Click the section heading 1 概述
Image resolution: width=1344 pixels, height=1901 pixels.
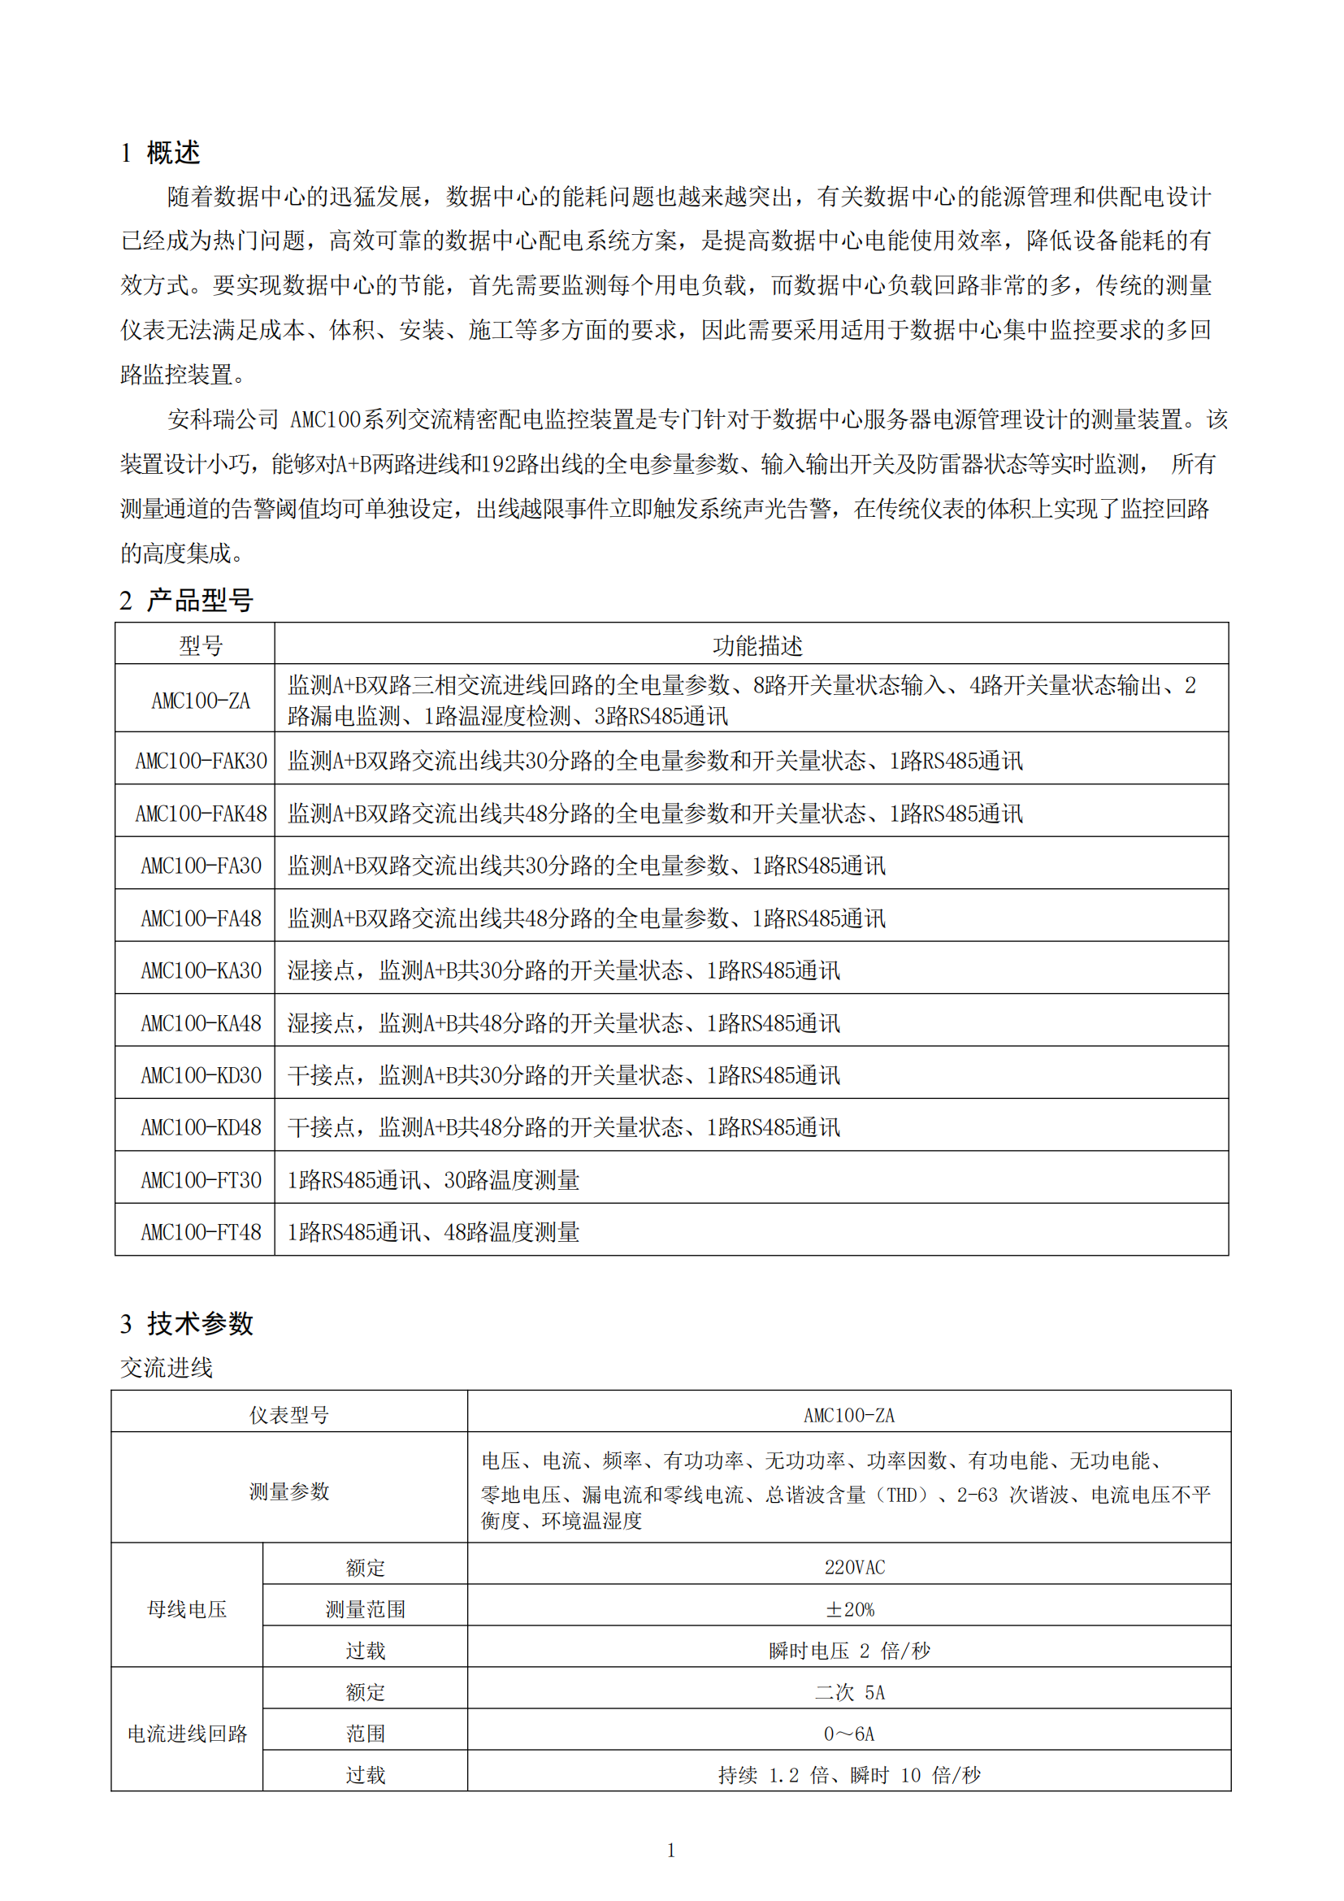pyautogui.click(x=160, y=153)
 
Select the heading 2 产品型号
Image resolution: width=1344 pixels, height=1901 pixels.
pyautogui.click(x=185, y=601)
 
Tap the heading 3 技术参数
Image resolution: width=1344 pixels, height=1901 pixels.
pyautogui.click(x=186, y=1323)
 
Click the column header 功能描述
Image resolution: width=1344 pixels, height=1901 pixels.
pyautogui.click(x=757, y=646)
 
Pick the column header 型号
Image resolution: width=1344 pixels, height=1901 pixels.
pyautogui.click(x=201, y=646)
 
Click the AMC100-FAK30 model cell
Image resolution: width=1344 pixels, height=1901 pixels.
pyautogui.click(x=201, y=761)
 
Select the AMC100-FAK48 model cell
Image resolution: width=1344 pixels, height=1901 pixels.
pyautogui.click(x=201, y=814)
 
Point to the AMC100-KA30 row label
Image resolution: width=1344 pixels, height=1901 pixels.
pyautogui.click(x=201, y=970)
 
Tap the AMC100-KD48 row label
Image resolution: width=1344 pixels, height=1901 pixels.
pyautogui.click(x=201, y=1128)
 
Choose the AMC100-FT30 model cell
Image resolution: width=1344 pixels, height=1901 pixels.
pyautogui.click(x=201, y=1180)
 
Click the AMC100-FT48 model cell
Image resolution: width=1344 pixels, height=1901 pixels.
pyautogui.click(x=201, y=1232)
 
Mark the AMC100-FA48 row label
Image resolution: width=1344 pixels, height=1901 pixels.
pyautogui.click(x=201, y=918)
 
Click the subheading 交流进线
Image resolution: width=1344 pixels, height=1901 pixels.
pyautogui.click(x=167, y=1368)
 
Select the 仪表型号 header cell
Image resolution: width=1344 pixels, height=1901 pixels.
pyautogui.click(x=288, y=1415)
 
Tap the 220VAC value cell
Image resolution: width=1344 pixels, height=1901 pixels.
pyautogui.click(x=854, y=1567)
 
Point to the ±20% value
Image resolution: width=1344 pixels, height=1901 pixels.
pyautogui.click(x=850, y=1608)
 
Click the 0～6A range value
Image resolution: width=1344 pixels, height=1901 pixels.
pyautogui.click(x=849, y=1733)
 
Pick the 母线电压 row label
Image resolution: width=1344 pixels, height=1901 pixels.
pyautogui.click(x=187, y=1608)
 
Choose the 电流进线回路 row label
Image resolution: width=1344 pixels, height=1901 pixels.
pyautogui.click(x=187, y=1733)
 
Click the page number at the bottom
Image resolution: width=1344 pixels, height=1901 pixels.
pyautogui.click(x=671, y=1851)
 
